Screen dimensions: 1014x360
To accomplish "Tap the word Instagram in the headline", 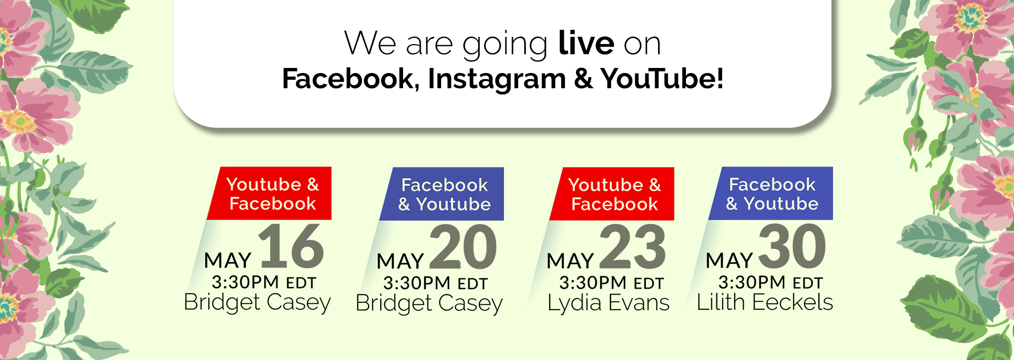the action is pyautogui.click(x=497, y=79).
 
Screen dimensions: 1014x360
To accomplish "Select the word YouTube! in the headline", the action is pyautogui.click(x=662, y=79).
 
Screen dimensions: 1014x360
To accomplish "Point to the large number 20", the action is pyautogui.click(x=463, y=247).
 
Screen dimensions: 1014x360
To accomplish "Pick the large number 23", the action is pyautogui.click(x=632, y=247).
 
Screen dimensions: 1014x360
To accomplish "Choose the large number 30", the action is pyautogui.click(x=792, y=247).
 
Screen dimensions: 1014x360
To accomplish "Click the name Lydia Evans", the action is pyautogui.click(x=608, y=303).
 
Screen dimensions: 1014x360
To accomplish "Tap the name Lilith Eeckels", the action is pyautogui.click(x=765, y=302).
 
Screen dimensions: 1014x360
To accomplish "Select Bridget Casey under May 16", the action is pyautogui.click(x=257, y=303).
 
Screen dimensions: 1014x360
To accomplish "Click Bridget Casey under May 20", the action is pyautogui.click(x=429, y=304).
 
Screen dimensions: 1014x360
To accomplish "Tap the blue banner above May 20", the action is pyautogui.click(x=442, y=194).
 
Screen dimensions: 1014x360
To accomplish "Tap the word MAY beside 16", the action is pyautogui.click(x=228, y=261).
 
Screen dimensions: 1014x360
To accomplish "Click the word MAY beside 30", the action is pyautogui.click(x=729, y=261).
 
